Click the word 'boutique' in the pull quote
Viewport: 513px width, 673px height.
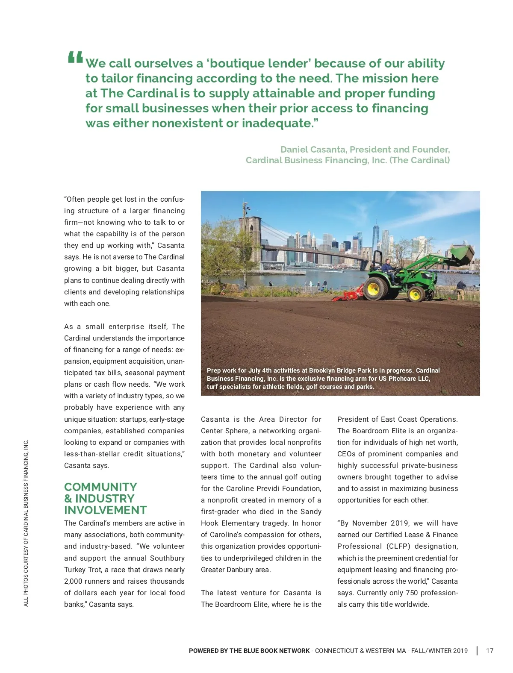point(238,64)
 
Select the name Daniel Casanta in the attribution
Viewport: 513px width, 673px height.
point(313,150)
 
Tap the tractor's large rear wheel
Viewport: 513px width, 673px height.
point(376,288)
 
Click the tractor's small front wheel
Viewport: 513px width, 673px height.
point(415,294)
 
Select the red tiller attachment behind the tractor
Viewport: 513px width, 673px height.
point(346,295)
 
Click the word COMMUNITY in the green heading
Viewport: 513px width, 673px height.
point(100,487)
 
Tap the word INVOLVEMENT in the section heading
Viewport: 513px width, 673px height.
point(105,510)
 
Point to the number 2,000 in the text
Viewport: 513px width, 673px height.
point(73,581)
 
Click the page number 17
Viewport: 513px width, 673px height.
point(489,651)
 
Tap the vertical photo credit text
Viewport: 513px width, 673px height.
point(26,523)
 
